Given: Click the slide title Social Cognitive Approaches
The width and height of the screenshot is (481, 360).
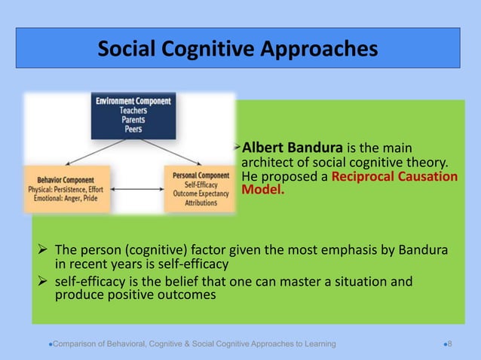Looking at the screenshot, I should point(237,50).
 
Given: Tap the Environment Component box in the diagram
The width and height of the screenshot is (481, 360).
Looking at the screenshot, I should point(133,114).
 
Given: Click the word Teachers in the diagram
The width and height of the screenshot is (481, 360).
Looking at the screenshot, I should point(133,109).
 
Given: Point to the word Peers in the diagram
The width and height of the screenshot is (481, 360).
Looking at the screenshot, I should point(133,129).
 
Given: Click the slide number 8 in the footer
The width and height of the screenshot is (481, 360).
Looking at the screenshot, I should point(449,344).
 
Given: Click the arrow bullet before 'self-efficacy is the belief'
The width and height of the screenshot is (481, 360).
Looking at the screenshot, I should point(44,282).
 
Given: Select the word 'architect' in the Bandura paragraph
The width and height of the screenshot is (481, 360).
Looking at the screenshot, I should point(265,163).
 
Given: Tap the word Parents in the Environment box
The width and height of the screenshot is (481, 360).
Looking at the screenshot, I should point(133,119).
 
